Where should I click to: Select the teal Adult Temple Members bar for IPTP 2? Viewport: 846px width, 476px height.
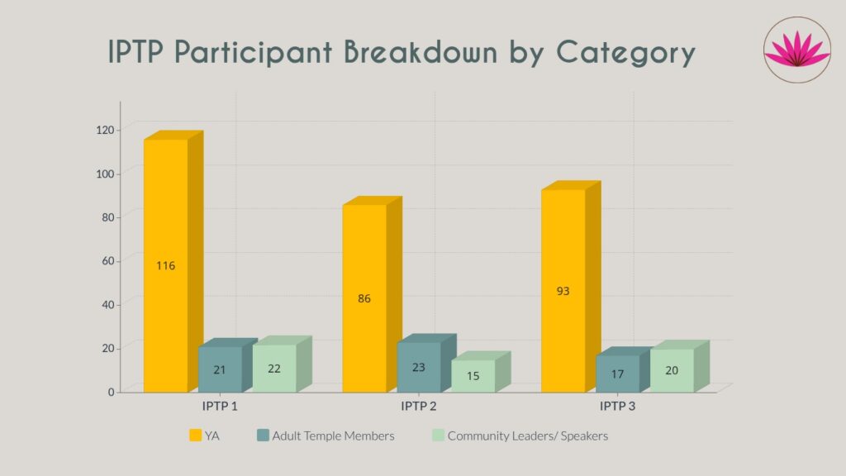(419, 367)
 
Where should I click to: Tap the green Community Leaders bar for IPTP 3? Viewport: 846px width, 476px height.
(672, 370)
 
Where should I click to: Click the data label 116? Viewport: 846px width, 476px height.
(165, 266)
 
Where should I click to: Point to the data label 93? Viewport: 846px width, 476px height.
(563, 291)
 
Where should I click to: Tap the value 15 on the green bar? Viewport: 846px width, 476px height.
(473, 376)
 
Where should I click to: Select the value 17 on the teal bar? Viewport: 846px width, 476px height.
(617, 374)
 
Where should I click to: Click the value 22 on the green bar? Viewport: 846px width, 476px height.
(274, 369)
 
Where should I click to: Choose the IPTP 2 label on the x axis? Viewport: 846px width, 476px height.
(419, 407)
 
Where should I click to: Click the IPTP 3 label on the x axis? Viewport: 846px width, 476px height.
(617, 407)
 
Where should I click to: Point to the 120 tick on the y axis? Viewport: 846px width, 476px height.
(104, 130)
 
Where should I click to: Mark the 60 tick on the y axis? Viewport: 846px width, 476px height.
(107, 261)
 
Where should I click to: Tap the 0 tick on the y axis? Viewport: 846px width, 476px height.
(111, 392)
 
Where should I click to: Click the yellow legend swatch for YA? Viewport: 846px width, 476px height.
(196, 436)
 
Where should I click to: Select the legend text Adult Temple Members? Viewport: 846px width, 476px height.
(333, 436)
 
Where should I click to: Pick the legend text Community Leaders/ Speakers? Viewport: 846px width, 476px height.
(527, 436)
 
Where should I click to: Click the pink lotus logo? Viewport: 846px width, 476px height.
(796, 50)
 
